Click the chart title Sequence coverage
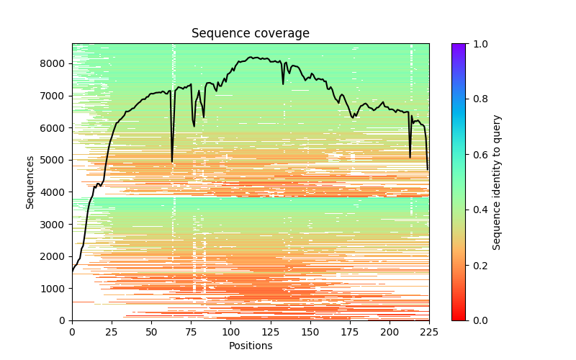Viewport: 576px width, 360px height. (x=250, y=34)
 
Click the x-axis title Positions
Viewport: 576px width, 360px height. (x=250, y=346)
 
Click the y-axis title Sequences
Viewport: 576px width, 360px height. (x=30, y=182)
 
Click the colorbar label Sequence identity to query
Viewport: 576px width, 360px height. (x=497, y=182)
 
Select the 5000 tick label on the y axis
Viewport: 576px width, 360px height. (x=55, y=160)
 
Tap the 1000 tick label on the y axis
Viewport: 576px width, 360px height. (x=55, y=288)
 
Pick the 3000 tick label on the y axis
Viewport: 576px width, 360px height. (x=55, y=224)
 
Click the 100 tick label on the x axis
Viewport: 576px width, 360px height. (x=230, y=332)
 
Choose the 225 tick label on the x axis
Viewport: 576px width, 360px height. (x=429, y=332)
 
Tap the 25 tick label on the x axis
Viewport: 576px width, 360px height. (x=112, y=332)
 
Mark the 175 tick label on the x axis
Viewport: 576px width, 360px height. (x=350, y=332)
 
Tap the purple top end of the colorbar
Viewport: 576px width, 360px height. (x=459, y=46)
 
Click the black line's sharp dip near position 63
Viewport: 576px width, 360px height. (x=172, y=161)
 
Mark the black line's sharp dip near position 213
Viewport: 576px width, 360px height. (x=410, y=157)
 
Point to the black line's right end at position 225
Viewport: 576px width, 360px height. (x=428, y=169)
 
